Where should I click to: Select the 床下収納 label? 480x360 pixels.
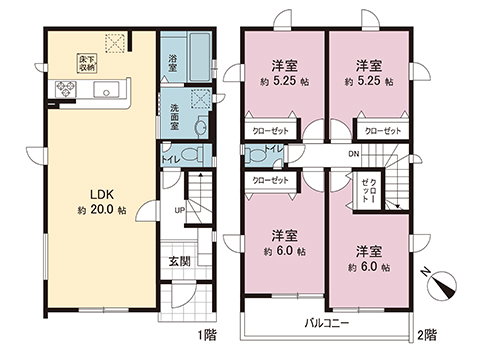coord(89,65)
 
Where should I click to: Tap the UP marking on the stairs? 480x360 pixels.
coord(179,211)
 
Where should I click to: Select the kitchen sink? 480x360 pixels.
coord(104,93)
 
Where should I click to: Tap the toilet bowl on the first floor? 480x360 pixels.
coord(186,158)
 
